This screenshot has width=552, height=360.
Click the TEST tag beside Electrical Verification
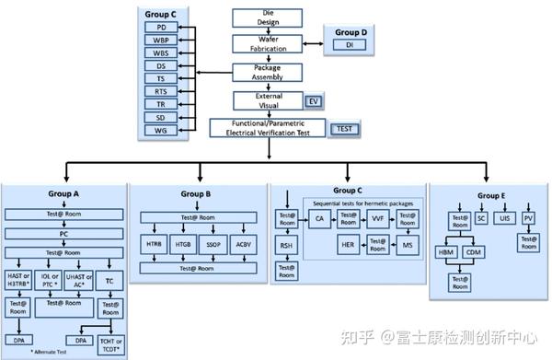344,129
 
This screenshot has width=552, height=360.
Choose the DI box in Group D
349,45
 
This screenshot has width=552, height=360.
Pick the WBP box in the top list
162,41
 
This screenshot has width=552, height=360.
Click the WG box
162,131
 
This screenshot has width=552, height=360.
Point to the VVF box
377,219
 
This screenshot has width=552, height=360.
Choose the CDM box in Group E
473,251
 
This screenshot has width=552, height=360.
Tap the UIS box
504,218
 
